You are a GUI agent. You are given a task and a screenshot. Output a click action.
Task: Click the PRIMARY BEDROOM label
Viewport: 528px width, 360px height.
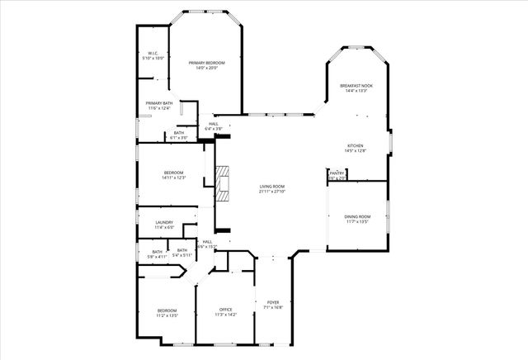click(206, 63)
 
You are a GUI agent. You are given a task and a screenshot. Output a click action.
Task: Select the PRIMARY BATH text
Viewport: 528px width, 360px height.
click(158, 103)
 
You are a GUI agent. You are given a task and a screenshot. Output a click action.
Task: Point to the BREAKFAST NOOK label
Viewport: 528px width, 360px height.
click(357, 86)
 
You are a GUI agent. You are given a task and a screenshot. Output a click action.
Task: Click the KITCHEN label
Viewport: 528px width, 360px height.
click(355, 146)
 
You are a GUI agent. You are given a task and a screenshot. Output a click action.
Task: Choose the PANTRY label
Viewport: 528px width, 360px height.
click(337, 173)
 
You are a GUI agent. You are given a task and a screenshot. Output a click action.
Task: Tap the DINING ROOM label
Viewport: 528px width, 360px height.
click(357, 216)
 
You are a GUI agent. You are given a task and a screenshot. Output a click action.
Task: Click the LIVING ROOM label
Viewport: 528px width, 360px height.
click(272, 187)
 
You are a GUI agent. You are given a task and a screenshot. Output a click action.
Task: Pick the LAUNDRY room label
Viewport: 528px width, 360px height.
click(164, 222)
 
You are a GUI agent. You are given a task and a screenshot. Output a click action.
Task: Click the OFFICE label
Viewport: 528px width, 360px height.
click(226, 309)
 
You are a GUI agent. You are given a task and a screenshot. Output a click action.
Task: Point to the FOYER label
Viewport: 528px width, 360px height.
click(273, 302)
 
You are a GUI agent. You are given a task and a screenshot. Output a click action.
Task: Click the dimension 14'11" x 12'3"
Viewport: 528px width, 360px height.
click(174, 178)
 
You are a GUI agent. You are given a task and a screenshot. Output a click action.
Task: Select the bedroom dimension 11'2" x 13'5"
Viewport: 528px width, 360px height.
click(167, 315)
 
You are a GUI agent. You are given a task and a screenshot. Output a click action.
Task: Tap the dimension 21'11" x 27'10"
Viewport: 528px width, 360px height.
click(272, 192)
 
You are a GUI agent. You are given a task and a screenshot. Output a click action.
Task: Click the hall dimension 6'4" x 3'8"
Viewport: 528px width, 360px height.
click(214, 129)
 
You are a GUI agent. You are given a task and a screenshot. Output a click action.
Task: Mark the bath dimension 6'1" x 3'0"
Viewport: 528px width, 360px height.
click(179, 137)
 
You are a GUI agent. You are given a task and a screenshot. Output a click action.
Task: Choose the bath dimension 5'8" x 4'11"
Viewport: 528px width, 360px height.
click(157, 257)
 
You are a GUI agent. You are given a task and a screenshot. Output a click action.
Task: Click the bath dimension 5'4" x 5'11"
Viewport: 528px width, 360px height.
click(181, 255)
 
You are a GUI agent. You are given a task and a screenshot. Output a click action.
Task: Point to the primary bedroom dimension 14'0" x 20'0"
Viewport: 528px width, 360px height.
click(206, 68)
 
